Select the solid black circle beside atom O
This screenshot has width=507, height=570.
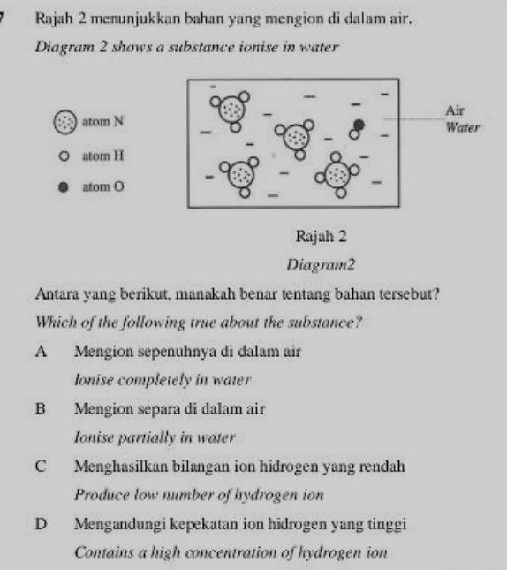coord(64,186)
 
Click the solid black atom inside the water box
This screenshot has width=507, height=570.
coord(359,123)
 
